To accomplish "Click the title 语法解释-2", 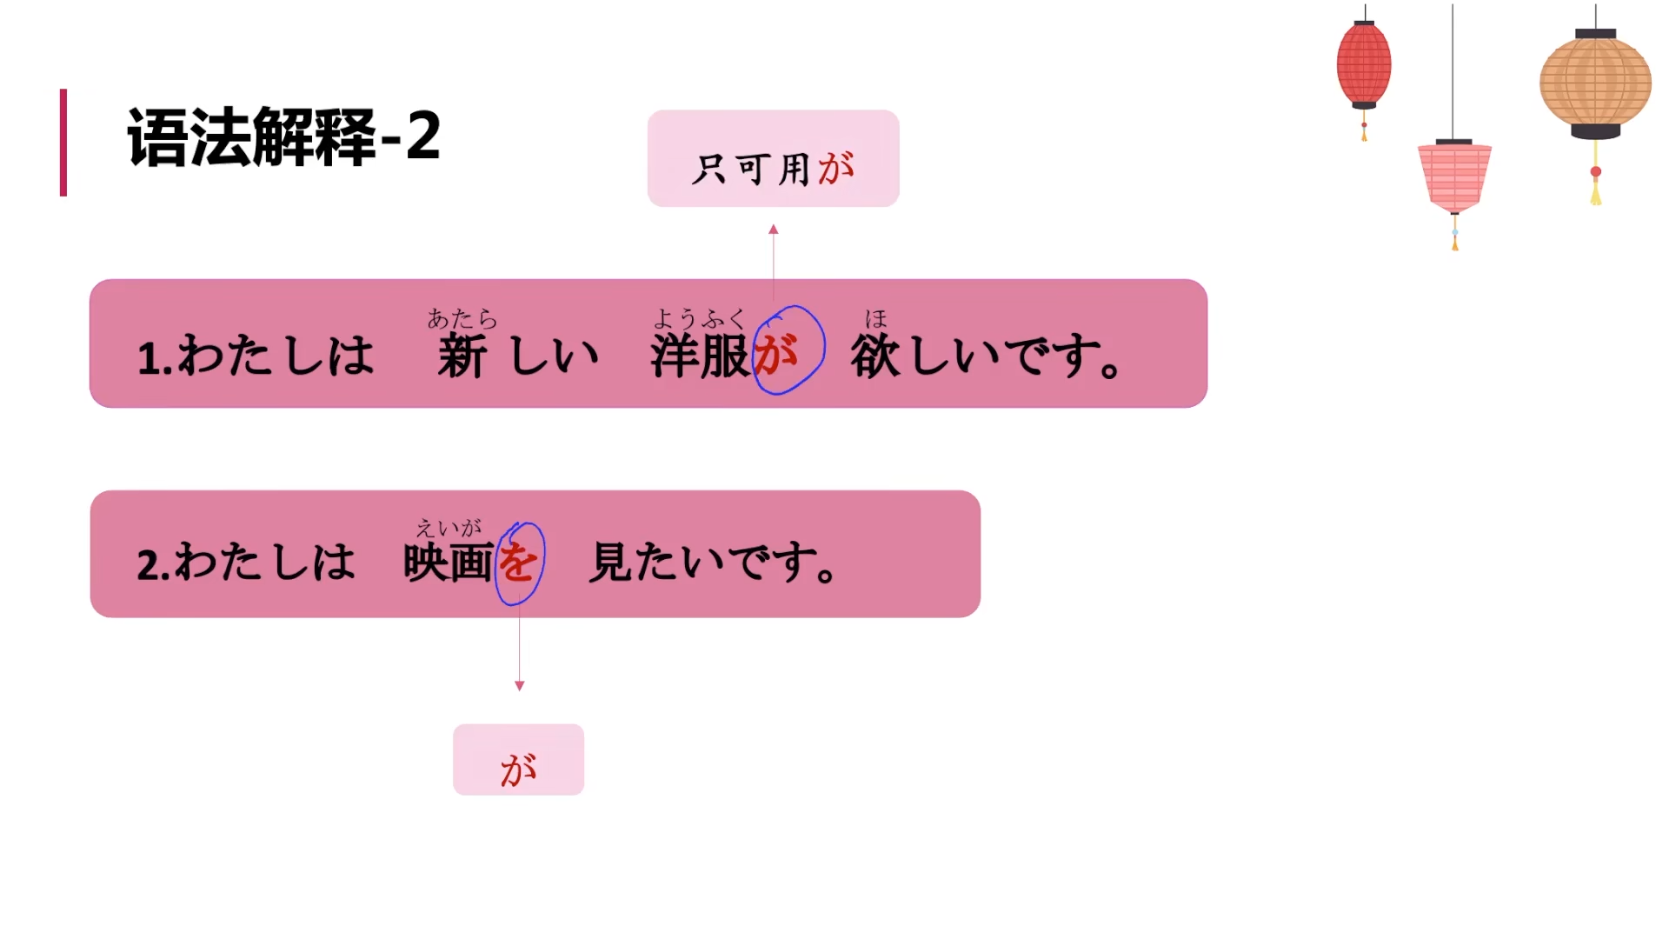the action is tap(283, 137).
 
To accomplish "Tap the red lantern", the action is tap(1363, 65).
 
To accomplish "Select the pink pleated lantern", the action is tap(1454, 176).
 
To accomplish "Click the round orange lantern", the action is tap(1595, 83).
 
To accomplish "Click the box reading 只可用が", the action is tap(773, 159).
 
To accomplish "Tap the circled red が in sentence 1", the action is tap(776, 353).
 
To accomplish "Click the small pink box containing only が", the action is tap(518, 760).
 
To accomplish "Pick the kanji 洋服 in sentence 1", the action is tap(700, 356).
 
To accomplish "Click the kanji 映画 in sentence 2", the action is tap(449, 563).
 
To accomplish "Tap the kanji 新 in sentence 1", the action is tap(461, 356).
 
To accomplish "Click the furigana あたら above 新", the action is tap(462, 319).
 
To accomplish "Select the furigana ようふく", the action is tap(700, 319).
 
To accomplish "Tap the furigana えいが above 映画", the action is tap(449, 528).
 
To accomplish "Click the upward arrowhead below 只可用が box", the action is tap(774, 230).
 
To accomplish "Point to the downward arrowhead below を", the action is tap(520, 686).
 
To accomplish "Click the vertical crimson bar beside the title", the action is tap(63, 143).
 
